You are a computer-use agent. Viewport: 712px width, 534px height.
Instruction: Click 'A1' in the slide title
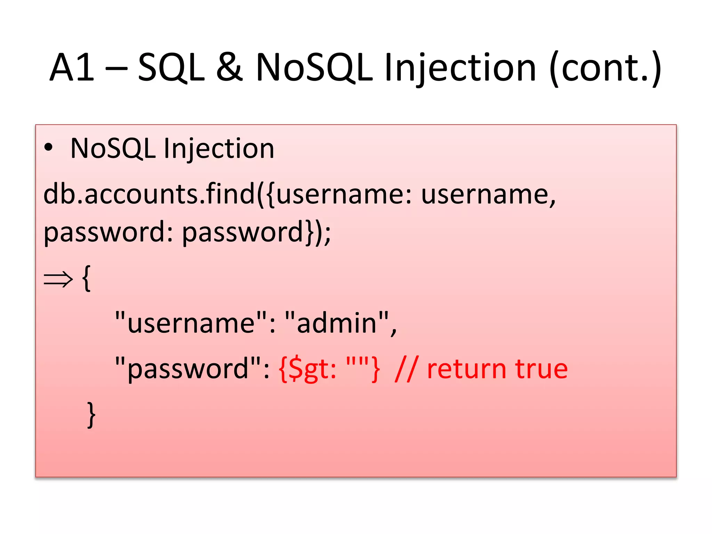tap(72, 67)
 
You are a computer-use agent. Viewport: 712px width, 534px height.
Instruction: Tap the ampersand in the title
tap(229, 67)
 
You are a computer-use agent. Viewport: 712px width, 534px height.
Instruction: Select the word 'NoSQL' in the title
tap(314, 67)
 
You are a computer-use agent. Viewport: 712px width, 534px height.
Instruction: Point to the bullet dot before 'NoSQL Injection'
tap(48, 148)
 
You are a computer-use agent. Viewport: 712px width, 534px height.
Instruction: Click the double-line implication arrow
tap(58, 279)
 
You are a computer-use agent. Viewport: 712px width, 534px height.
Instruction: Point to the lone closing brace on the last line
tap(91, 414)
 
